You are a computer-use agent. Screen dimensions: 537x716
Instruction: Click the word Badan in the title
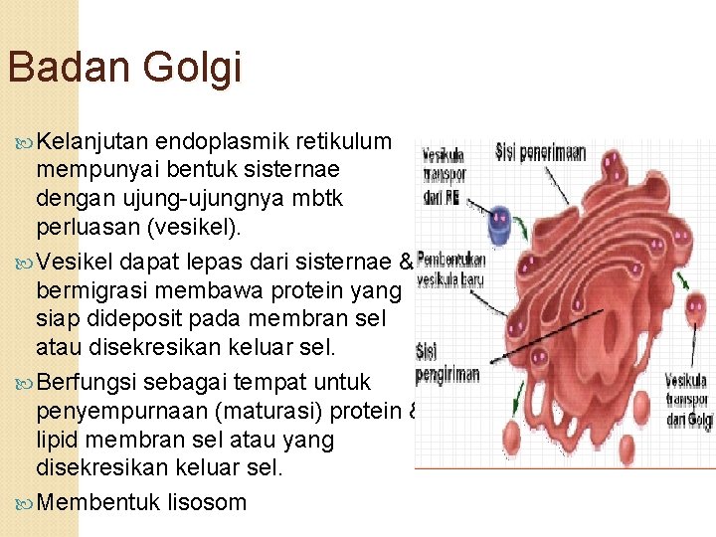coord(69,68)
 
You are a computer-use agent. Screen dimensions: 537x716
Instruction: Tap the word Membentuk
coord(100,501)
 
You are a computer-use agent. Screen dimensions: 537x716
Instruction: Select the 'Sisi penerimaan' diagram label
coord(540,154)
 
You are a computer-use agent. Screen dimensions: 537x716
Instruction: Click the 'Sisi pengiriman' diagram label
coord(447,362)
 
